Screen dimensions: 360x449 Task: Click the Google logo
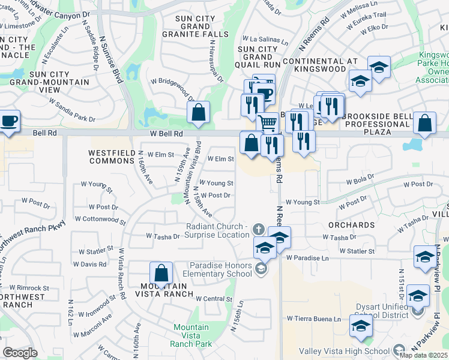[x=20, y=353]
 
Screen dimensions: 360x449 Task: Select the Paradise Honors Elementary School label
[x=221, y=269]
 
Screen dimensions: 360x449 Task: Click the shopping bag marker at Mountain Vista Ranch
[x=161, y=274]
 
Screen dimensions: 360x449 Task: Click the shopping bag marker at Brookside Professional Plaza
[x=424, y=124]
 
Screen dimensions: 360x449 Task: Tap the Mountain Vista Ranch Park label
[x=191, y=336]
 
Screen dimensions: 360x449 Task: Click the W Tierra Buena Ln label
[x=313, y=319]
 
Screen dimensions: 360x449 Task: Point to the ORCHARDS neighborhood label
[x=352, y=225]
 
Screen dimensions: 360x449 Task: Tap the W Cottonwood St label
[x=100, y=220]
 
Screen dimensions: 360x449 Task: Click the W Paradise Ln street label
[x=308, y=258]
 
